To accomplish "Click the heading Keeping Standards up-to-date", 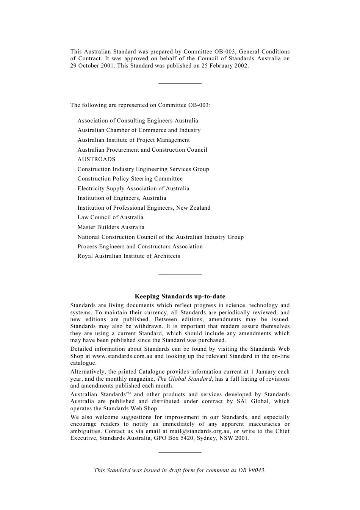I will coord(180,297).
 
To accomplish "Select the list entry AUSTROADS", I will coord(96,159).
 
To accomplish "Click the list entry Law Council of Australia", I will coord(110,217).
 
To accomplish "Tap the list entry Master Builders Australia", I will coord(111,227).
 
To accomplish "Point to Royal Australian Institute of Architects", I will coord(128,256).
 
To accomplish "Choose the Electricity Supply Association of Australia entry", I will coord(133,188).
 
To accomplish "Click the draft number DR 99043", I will coord(251,470).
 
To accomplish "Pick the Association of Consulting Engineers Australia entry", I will coord(138,121).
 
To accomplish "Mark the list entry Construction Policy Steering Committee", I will coord(130,179).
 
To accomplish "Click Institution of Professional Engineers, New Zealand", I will coord(144,208).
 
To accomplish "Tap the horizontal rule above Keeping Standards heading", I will coord(180,274).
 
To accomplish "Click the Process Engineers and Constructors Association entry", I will coord(140,246).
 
